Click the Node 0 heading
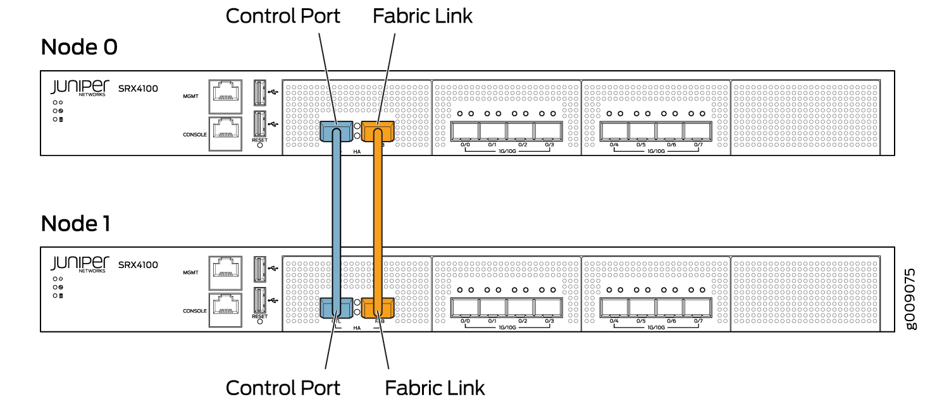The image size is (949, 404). [79, 47]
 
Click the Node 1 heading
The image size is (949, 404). [76, 223]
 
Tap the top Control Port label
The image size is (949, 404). [283, 16]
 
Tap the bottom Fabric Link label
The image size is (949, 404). [435, 387]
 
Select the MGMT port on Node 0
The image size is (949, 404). [225, 95]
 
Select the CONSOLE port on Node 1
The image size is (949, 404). [225, 309]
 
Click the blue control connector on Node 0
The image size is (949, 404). [336, 131]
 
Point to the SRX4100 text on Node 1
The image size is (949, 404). [138, 264]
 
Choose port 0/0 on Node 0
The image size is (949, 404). [465, 132]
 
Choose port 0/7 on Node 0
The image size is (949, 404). [698, 132]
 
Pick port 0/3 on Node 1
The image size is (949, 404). [548, 308]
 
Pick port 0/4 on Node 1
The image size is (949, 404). [614, 308]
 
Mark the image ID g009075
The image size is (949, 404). [910, 298]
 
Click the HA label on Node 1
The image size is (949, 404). [357, 328]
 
